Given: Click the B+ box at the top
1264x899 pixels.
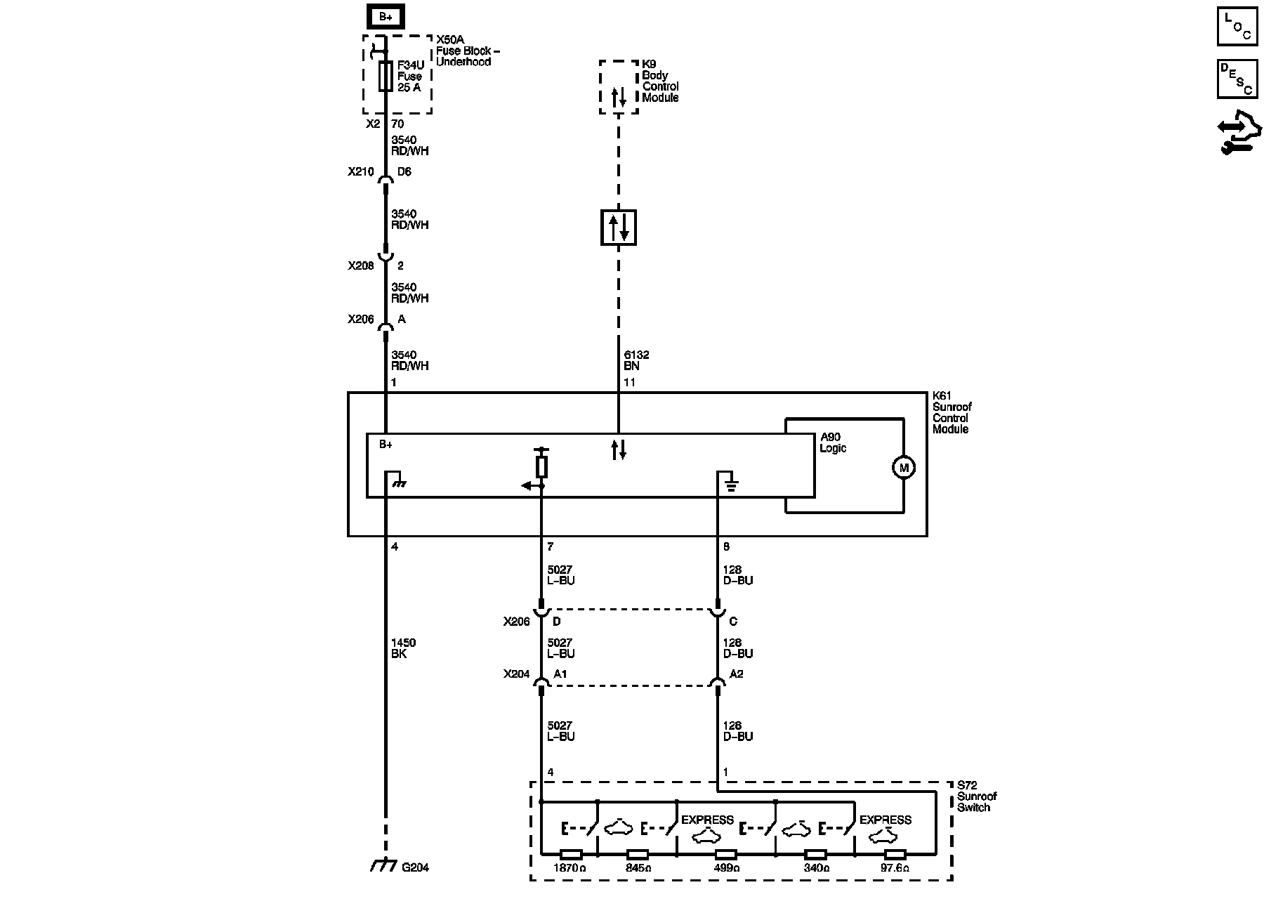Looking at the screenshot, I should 386,17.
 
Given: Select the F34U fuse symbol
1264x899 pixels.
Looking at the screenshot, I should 386,76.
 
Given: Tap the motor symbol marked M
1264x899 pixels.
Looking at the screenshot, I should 903,467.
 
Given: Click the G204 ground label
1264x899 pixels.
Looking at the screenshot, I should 415,867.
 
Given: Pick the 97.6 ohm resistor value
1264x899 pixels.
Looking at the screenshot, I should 894,868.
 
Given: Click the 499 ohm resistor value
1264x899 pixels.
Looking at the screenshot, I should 726,868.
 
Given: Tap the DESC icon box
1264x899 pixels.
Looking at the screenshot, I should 1237,79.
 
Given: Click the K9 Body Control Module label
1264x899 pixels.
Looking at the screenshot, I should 660,81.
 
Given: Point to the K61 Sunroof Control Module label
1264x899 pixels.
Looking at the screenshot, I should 952,413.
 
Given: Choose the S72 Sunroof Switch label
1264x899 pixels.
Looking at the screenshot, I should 977,796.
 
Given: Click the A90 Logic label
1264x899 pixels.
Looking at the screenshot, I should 833,442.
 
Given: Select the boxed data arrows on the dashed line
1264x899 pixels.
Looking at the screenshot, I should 619,228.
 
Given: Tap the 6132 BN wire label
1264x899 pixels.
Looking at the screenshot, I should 637,360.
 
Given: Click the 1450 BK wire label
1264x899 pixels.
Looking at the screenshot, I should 403,648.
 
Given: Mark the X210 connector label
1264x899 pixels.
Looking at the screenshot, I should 360,171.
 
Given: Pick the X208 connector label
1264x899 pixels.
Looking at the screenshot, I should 360,266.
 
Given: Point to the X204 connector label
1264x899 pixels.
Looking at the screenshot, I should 516,674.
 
